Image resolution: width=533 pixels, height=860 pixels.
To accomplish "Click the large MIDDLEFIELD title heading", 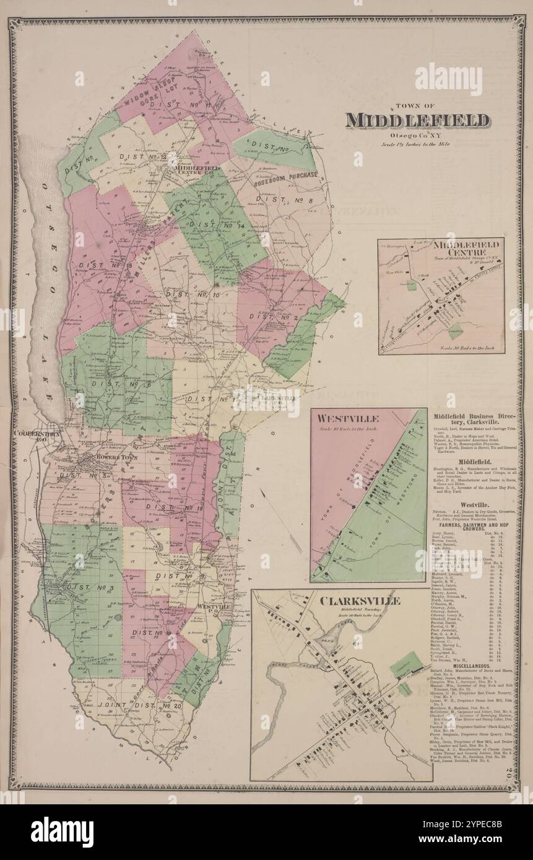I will [418, 121].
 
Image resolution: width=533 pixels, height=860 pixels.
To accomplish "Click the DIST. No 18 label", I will [167, 507].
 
